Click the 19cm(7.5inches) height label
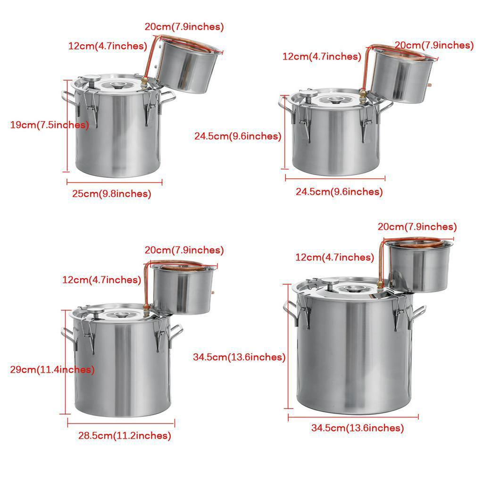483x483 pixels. tap(49, 125)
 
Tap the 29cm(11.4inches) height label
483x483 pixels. tap(52, 370)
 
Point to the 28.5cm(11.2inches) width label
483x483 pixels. tap(125, 435)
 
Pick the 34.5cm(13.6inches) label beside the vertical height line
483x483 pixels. tap(239, 358)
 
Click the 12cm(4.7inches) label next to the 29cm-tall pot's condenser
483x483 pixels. tap(101, 280)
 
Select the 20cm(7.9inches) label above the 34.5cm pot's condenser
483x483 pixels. tap(417, 227)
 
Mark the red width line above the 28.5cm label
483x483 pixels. tap(121, 423)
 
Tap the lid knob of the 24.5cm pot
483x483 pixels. tap(336, 100)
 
